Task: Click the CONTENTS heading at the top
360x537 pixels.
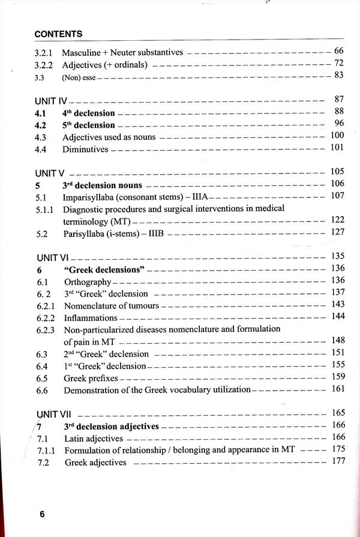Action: (59, 34)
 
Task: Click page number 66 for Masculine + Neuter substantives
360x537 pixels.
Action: (338, 52)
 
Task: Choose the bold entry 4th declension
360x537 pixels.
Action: (88, 113)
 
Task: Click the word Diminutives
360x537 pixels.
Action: (86, 149)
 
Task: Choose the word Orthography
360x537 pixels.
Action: (88, 281)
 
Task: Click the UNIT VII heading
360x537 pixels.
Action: (55, 414)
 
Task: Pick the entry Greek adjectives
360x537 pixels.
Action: (95, 462)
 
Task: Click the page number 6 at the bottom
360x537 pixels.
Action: (42, 514)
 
